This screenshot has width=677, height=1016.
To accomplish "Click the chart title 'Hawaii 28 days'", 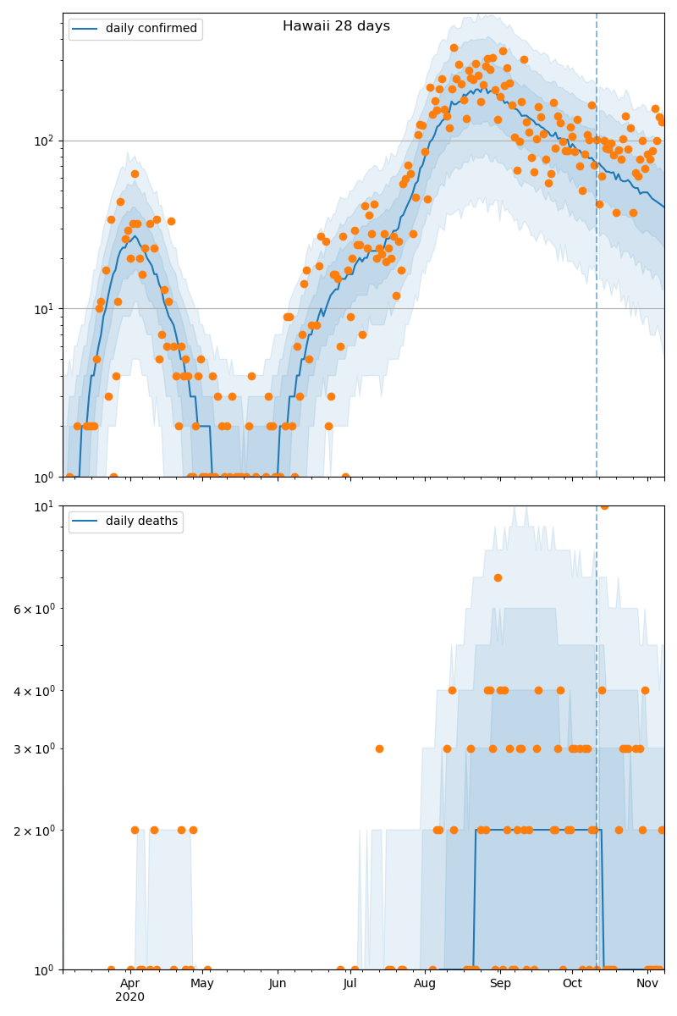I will (336, 26).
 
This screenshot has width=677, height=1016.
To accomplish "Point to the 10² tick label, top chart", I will (45, 141).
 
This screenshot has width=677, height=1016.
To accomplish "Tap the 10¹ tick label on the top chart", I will (45, 308).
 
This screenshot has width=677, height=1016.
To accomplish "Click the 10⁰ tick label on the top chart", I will (45, 477).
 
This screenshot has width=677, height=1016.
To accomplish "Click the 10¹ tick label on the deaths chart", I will (45, 506).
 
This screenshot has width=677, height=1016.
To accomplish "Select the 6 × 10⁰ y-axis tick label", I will (33, 609).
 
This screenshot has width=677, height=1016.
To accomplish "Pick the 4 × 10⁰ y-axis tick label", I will (33, 691).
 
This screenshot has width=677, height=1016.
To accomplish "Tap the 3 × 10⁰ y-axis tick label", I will (33, 748).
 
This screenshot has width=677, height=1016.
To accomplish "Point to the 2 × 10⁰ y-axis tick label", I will (33, 831).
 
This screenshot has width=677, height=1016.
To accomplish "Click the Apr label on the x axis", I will (129, 983).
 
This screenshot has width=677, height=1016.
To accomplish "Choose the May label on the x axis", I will (202, 983).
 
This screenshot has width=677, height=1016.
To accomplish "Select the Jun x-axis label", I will (278, 983).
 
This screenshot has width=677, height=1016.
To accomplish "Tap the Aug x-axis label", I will (425, 983).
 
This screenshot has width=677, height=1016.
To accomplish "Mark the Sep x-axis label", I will (500, 983).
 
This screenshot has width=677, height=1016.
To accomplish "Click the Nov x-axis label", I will (647, 983).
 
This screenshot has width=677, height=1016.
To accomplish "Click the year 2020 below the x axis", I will (129, 997).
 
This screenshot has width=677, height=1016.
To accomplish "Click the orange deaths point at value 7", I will (498, 577).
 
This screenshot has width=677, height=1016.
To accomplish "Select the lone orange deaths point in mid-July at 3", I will (379, 748).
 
